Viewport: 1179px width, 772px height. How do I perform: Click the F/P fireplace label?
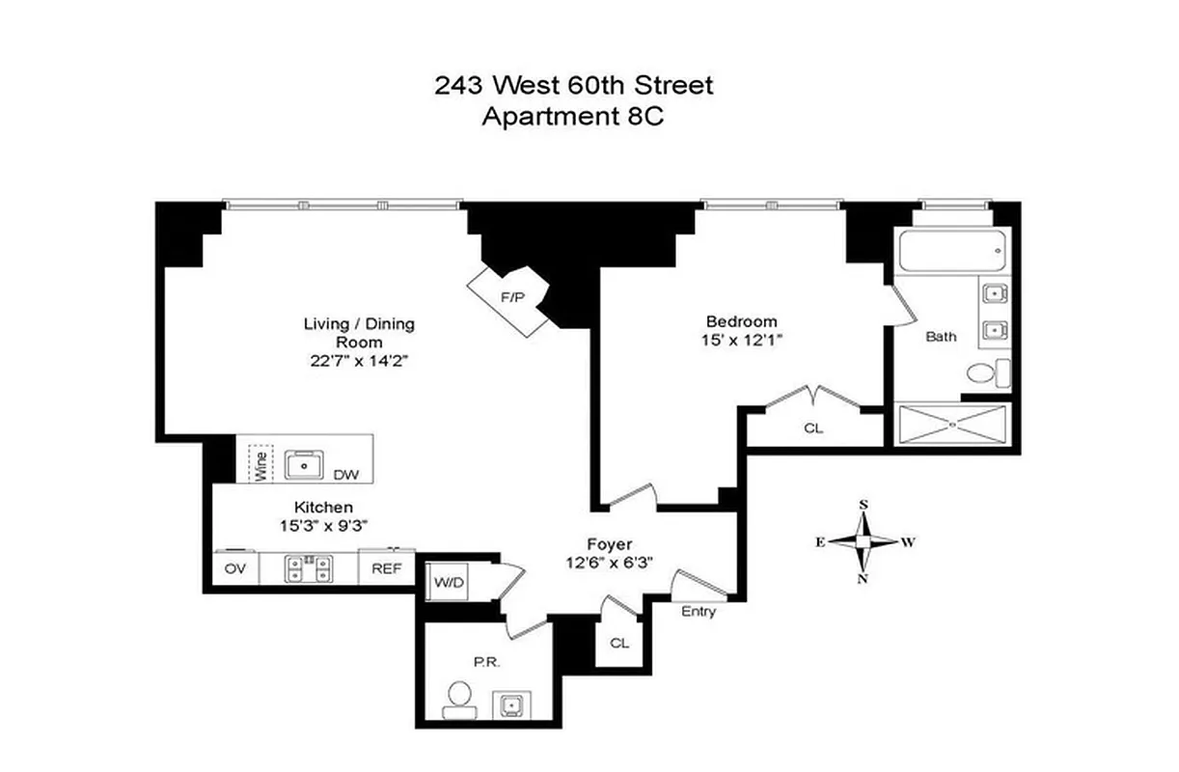pyautogui.click(x=511, y=298)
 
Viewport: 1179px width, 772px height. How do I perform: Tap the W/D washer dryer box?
pyautogui.click(x=446, y=582)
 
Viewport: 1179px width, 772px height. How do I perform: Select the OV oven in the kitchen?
pyautogui.click(x=235, y=568)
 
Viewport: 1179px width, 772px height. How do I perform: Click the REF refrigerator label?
pyautogui.click(x=386, y=568)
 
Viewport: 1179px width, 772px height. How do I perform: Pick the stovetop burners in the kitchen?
pyautogui.click(x=309, y=568)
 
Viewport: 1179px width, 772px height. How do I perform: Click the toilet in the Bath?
pyautogui.click(x=984, y=372)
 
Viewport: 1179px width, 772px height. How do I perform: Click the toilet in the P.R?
pyautogui.click(x=460, y=700)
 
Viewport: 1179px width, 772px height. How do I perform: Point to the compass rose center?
pyautogui.click(x=864, y=541)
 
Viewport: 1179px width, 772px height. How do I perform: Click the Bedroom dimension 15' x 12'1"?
pyautogui.click(x=741, y=340)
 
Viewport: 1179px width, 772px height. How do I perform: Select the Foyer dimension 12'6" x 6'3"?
pyautogui.click(x=615, y=564)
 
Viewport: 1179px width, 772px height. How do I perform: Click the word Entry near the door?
pyautogui.click(x=699, y=612)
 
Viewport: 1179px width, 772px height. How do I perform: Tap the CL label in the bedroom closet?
pyautogui.click(x=813, y=428)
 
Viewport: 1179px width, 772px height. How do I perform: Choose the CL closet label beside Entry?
pyautogui.click(x=618, y=643)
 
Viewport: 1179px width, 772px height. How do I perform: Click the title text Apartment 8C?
pyautogui.click(x=574, y=116)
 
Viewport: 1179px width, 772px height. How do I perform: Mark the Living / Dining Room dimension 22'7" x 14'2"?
pyautogui.click(x=359, y=361)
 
